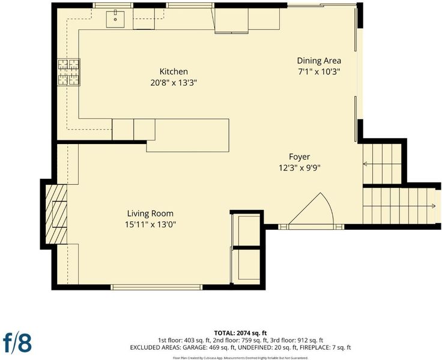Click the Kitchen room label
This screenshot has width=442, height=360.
[174, 71]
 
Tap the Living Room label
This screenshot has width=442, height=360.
[150, 214]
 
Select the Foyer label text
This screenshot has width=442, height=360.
[299, 157]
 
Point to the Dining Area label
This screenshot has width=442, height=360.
[319, 61]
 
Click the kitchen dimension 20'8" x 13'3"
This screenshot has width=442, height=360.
[174, 83]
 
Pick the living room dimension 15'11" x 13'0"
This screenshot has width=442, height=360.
[151, 224]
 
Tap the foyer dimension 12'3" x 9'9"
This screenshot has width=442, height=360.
[300, 168]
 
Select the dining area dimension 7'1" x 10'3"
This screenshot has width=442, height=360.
[319, 71]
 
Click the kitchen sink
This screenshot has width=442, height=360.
[115, 19]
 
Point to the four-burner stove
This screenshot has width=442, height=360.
[69, 72]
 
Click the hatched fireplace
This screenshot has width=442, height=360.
[56, 214]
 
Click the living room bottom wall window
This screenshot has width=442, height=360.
[157, 287]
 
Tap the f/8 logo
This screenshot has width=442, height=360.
[17, 343]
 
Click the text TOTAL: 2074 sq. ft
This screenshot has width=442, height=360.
[240, 333]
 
